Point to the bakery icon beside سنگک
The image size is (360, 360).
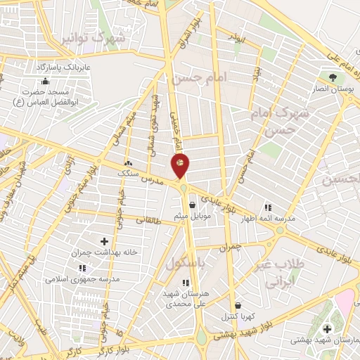click(128, 163)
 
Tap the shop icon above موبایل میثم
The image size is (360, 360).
click(192, 205)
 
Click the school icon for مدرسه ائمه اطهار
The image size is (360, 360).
click(268, 207)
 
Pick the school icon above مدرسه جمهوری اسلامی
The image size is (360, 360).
click(82, 268)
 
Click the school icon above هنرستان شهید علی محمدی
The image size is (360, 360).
click(186, 283)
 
